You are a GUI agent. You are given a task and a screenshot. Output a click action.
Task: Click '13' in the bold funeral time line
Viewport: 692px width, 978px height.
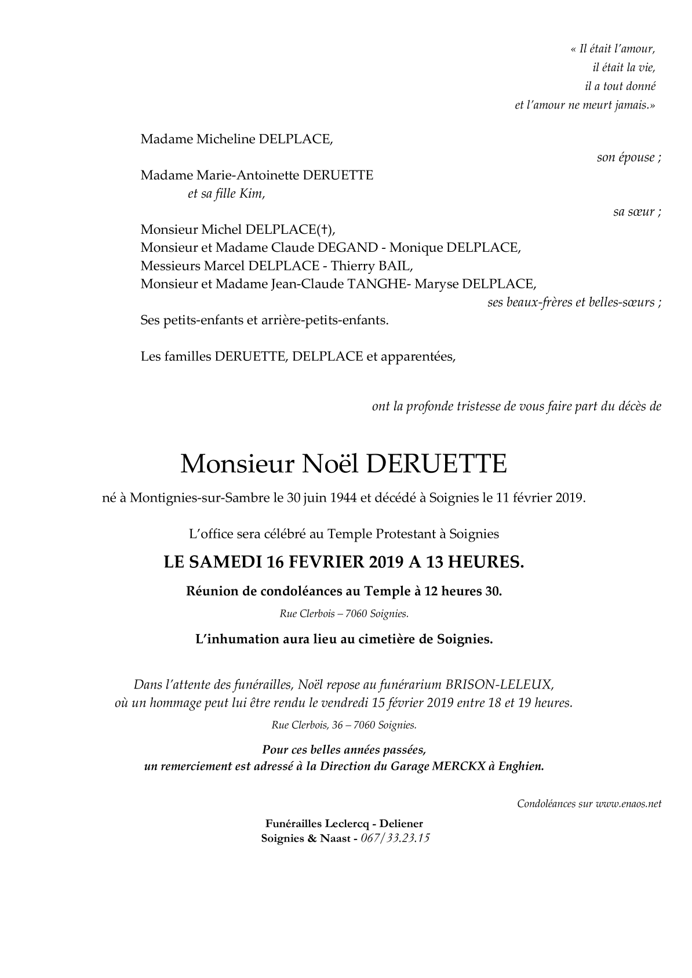434,563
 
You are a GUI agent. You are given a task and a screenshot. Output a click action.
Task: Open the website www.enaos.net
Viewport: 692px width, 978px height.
628,804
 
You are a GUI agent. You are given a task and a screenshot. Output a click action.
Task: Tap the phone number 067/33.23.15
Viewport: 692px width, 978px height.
395,839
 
